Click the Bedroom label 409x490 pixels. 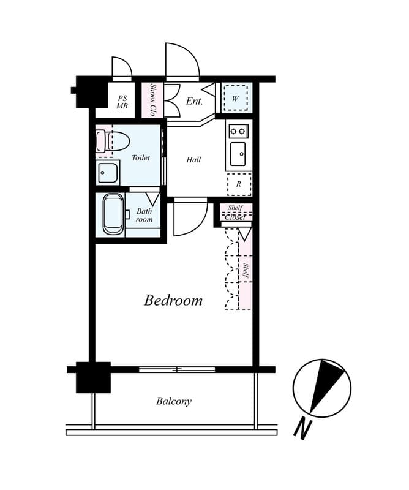173,301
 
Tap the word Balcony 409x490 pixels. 173,402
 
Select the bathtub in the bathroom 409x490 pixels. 113,214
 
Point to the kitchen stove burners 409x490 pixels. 238,131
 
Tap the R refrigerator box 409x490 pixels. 239,184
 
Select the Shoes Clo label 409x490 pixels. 152,100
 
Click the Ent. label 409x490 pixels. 194,101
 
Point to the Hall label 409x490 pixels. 193,160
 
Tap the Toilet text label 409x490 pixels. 141,158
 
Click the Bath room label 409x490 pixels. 144,215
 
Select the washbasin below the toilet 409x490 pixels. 108,173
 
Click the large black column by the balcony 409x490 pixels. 93,377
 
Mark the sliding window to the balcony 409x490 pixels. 177,369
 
